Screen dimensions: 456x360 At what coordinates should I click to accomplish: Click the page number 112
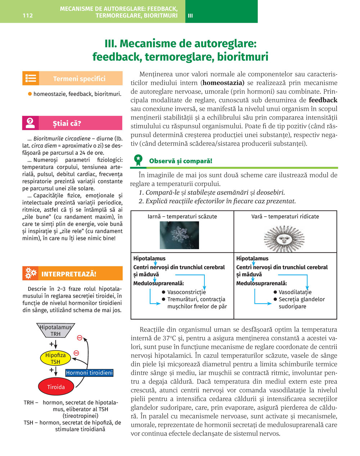[x=28, y=15]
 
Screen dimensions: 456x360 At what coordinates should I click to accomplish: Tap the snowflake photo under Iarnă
[x=179, y=235]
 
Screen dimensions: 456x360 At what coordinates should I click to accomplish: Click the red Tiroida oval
[x=56, y=387]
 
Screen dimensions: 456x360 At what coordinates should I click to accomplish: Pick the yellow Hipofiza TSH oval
[x=55, y=358]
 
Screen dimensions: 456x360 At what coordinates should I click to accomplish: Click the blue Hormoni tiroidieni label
[x=89, y=373]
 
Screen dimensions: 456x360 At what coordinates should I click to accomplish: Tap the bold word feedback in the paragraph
[x=323, y=100]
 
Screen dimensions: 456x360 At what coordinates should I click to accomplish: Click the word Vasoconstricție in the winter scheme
[x=186, y=292]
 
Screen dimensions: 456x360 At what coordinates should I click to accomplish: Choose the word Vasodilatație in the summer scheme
[x=295, y=292]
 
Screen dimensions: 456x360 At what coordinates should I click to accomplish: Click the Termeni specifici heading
[x=79, y=79]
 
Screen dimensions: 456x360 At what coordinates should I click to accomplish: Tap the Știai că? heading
[x=67, y=123]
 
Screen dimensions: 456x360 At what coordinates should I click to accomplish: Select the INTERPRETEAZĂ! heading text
[x=69, y=274]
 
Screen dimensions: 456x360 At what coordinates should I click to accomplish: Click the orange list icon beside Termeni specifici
[x=31, y=78]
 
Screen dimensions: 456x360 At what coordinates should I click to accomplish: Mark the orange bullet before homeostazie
[x=30, y=94]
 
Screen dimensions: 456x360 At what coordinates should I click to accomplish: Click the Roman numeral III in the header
[x=190, y=15]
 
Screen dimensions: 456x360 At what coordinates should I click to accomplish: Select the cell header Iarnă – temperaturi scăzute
[x=182, y=216]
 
